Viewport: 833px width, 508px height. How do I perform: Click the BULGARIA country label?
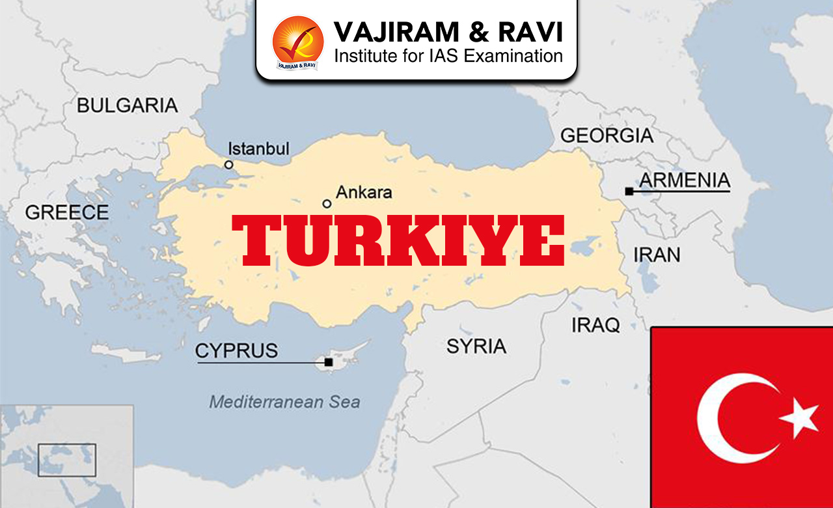[127, 105]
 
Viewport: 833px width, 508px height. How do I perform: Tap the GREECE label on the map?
[67, 212]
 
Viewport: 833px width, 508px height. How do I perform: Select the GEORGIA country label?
[607, 135]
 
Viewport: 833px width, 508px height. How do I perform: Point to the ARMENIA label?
[685, 180]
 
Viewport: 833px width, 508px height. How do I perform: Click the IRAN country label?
[657, 254]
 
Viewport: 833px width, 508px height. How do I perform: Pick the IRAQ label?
[595, 325]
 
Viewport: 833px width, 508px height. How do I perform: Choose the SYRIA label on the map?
[476, 346]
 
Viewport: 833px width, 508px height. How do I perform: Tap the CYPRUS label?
[236, 350]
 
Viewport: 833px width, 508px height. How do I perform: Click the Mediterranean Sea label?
[284, 402]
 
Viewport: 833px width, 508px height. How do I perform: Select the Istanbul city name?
[258, 148]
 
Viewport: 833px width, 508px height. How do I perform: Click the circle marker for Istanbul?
[229, 165]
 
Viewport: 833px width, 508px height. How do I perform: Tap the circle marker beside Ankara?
[327, 204]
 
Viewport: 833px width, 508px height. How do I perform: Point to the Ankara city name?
[364, 192]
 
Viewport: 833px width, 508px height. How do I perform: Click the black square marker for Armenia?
[629, 191]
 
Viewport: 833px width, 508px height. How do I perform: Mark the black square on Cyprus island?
[329, 362]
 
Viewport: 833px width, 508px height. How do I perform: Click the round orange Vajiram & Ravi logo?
[297, 41]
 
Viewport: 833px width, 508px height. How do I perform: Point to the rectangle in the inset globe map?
[66, 459]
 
